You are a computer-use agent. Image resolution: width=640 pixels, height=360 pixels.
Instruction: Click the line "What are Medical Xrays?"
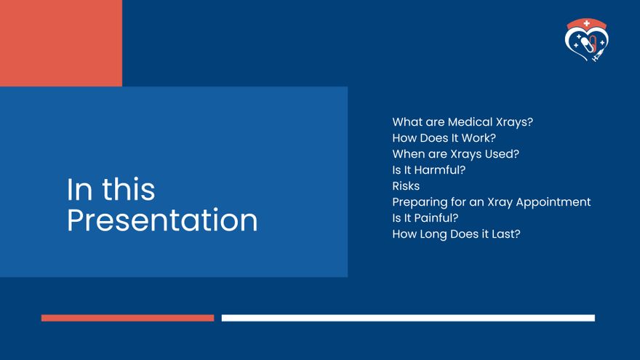pos(463,122)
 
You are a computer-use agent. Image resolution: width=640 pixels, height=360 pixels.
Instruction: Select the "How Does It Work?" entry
pos(444,138)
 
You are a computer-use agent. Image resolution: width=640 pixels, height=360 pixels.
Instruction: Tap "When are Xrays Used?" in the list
pos(455,154)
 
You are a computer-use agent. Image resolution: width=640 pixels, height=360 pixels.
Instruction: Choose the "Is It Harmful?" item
pos(428,170)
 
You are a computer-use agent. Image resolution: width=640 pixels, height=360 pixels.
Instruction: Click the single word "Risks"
pos(406,186)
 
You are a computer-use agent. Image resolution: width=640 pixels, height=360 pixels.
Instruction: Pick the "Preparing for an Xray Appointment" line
pos(491,202)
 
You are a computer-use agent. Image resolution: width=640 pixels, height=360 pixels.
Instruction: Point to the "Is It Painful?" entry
pos(425,218)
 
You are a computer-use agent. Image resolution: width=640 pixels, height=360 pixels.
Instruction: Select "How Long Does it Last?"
pos(456,234)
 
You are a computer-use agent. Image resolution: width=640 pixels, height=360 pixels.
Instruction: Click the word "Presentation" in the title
pos(162,221)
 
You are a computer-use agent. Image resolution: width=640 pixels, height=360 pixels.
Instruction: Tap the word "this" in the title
pos(128,190)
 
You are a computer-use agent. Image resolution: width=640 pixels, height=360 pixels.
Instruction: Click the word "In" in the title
pos(79,190)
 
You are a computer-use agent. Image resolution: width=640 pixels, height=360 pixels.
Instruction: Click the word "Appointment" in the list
pos(553,202)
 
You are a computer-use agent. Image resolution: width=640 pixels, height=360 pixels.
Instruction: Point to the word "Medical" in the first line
pos(468,122)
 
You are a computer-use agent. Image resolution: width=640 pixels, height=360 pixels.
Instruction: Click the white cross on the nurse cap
pos(587,23)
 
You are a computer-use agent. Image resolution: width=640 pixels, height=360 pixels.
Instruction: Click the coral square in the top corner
pos(61,43)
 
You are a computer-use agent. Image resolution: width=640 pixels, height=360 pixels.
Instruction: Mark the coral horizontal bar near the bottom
pos(127,318)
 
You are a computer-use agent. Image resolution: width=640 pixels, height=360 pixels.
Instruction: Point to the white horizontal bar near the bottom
pos(408,318)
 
